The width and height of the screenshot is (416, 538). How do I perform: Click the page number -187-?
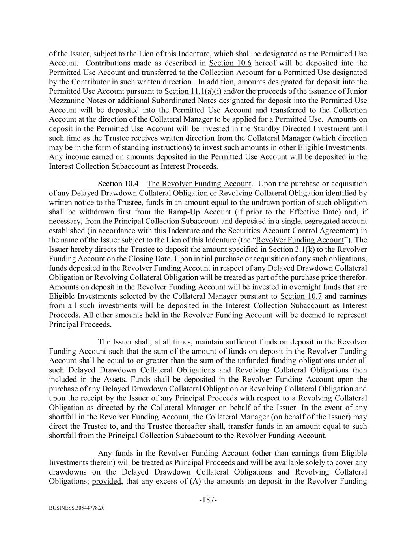pyautogui.click(x=208, y=499)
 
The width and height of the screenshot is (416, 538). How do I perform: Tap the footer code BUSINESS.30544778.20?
pyautogui.click(x=77, y=508)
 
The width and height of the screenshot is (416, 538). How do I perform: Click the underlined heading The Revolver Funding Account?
pyautogui.click(x=199, y=184)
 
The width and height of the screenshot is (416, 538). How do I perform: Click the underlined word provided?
pyautogui.click(x=106, y=481)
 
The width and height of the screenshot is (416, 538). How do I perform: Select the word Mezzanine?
pyautogui.click(x=66, y=101)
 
